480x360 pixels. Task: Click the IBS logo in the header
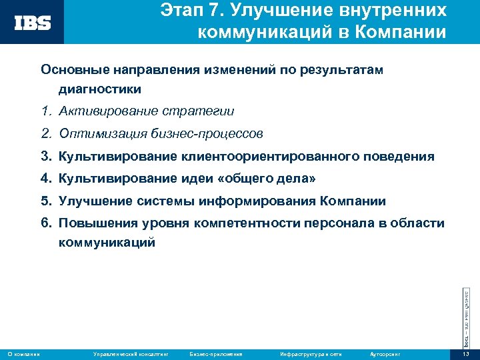tap(33, 23)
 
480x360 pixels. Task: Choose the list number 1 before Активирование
tap(45, 111)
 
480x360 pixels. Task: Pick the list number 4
tap(45, 179)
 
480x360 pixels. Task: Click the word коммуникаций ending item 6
tap(107, 243)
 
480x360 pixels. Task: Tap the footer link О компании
tap(23, 353)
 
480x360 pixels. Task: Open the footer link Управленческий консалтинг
tap(131, 353)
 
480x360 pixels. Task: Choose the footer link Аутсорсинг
tap(383, 353)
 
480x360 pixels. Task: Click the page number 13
tap(466, 353)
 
